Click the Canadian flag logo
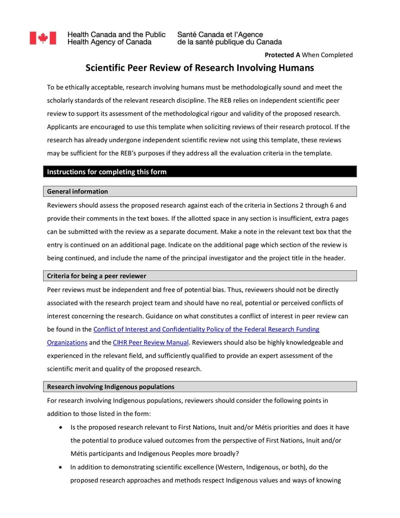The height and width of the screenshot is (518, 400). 42,38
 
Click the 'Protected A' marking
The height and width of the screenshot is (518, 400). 282,55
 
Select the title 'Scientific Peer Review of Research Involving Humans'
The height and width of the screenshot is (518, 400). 199,68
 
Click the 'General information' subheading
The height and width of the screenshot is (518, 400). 77,191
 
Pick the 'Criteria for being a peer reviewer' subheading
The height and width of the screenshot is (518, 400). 96,276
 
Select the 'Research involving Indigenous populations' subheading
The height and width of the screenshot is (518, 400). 110,386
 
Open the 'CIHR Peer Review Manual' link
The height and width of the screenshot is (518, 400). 150,342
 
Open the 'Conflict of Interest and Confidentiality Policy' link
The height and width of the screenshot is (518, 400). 206,329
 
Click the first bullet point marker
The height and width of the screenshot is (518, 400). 61,427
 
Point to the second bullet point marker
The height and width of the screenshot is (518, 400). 61,467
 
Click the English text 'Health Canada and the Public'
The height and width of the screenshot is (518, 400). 116,35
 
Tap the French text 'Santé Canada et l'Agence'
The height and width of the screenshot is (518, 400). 220,35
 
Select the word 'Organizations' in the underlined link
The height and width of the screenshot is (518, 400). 67,342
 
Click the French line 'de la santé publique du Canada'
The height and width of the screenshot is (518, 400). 229,43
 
